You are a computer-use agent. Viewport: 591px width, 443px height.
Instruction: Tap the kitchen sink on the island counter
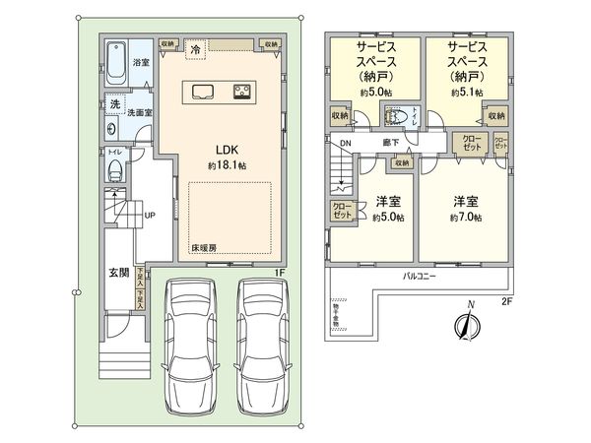(204, 93)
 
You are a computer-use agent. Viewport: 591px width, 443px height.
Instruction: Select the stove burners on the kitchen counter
(240, 93)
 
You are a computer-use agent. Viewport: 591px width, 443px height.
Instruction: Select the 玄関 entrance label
(117, 273)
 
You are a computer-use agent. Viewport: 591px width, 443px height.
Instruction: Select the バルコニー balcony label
(421, 277)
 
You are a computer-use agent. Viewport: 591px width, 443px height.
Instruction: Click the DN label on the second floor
(346, 144)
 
